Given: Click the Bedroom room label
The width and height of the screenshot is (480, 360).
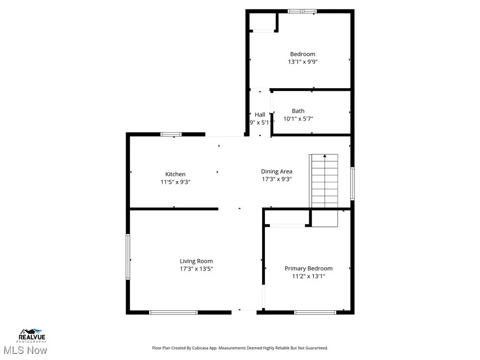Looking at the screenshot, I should (302, 54).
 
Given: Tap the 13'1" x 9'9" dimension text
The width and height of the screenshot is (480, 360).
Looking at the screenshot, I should (302, 61).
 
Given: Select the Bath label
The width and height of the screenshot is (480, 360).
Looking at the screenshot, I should (298, 111).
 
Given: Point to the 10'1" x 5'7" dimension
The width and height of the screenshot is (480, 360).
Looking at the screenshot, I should (298, 119).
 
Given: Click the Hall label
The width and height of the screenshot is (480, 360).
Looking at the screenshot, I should (260, 114).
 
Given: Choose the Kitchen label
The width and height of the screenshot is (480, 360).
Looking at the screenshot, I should (175, 174).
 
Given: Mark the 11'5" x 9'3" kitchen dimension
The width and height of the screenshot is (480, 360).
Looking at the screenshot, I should (175, 182).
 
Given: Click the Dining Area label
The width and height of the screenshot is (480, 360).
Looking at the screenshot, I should (277, 172).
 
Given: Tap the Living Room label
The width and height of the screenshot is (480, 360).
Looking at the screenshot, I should (196, 261).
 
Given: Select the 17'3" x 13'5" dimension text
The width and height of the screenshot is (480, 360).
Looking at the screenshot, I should (196, 269).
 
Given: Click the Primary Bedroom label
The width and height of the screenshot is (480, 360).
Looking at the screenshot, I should (308, 269).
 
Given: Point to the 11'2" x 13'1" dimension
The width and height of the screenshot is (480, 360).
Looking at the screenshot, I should (308, 276).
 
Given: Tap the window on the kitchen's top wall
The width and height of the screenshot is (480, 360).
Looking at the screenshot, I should (171, 135).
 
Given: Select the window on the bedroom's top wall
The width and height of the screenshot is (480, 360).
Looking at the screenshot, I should (302, 11).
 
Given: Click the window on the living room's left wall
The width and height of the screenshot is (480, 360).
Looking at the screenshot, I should (128, 257).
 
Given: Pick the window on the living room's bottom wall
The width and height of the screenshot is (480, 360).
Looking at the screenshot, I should (173, 312).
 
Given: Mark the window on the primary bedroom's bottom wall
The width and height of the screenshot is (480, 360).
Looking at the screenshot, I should (315, 312).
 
